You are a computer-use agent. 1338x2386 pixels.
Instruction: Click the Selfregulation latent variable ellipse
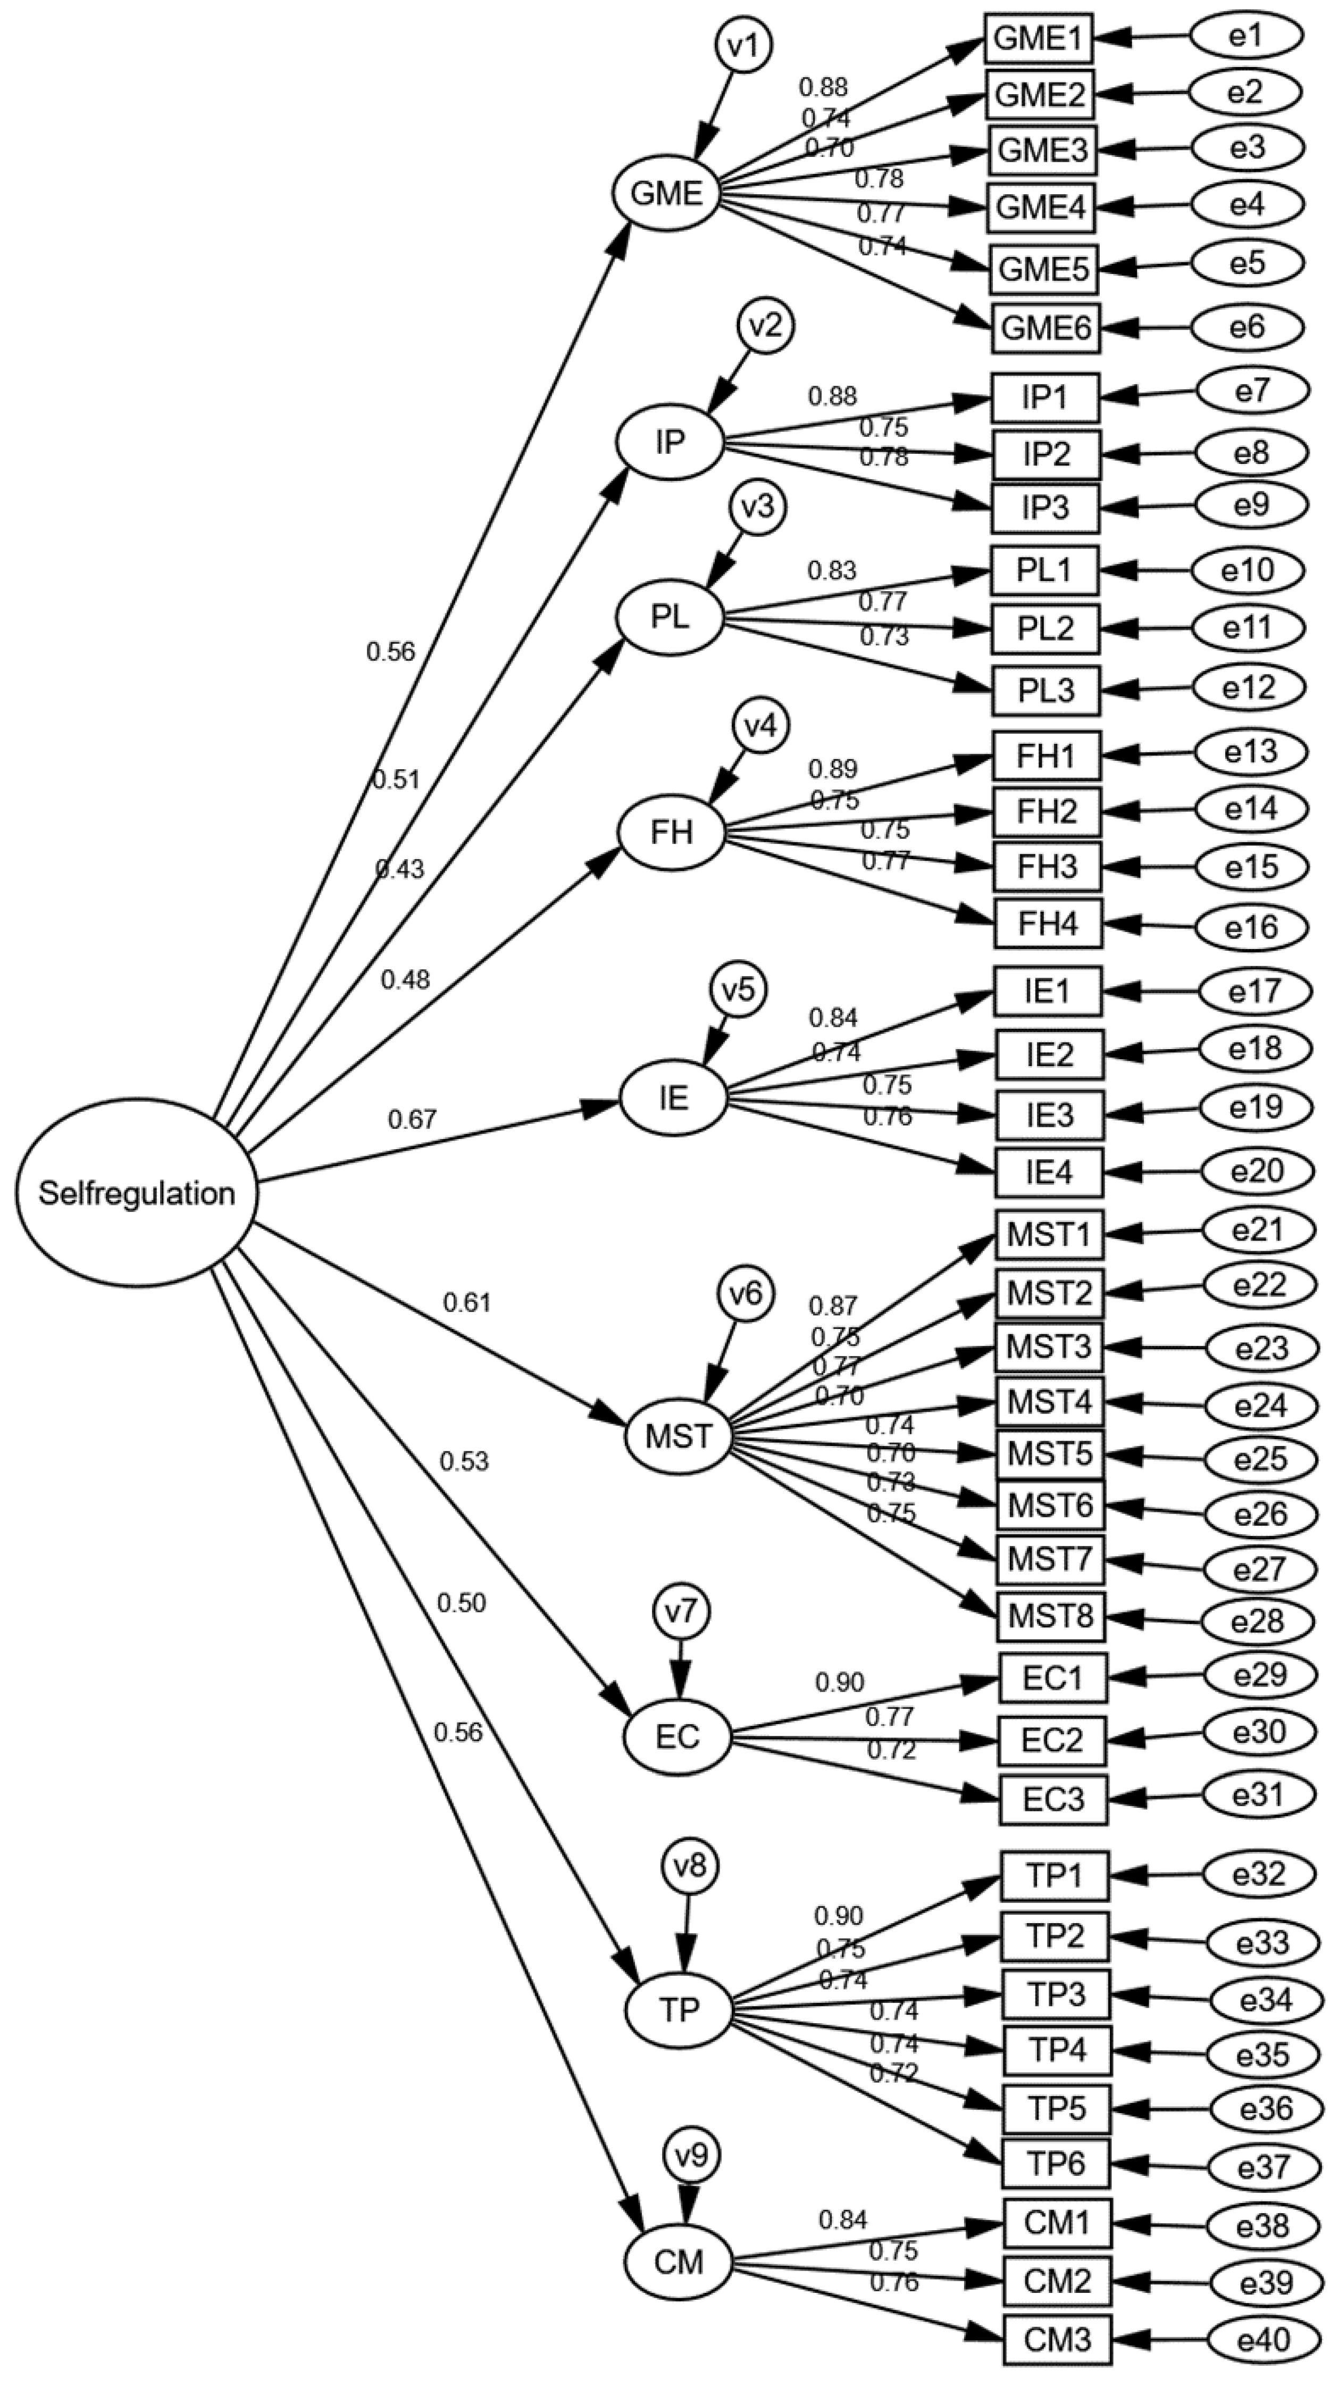point(136,1192)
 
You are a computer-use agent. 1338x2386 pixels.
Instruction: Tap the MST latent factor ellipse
point(679,1436)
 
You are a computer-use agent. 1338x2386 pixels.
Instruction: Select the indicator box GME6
point(1046,328)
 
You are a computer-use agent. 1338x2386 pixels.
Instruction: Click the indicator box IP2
point(1047,454)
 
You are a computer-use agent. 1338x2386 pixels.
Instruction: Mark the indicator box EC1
point(1053,1677)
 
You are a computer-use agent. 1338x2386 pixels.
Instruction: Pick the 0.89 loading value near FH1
point(832,769)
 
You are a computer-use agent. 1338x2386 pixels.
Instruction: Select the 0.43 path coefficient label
point(399,869)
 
